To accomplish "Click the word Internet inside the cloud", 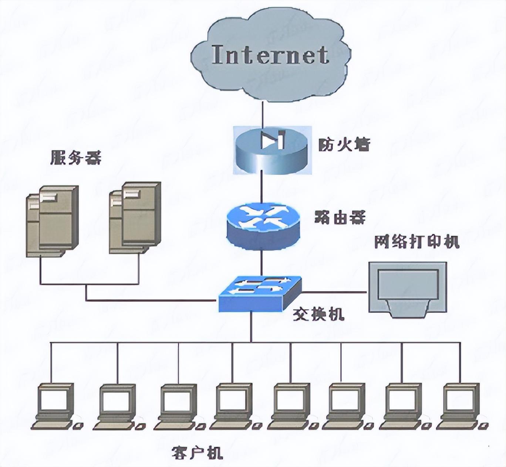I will [x=270, y=55].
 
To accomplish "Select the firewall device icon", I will [x=272, y=150].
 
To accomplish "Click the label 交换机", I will [x=318, y=314].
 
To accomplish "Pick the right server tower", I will [x=135, y=218].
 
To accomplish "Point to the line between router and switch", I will [x=262, y=263].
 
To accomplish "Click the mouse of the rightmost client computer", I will [x=484, y=426].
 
